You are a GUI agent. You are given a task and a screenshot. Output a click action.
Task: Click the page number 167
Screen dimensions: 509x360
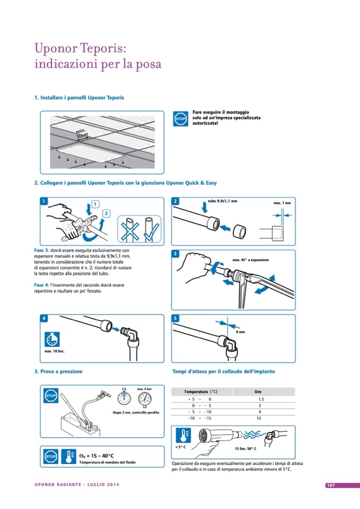point(330,485)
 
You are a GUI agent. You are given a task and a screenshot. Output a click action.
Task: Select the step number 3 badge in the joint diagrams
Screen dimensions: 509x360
point(176,254)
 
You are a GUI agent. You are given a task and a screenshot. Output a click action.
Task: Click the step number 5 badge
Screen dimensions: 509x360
point(176,318)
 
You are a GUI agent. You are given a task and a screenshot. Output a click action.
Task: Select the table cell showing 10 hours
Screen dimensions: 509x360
point(259,418)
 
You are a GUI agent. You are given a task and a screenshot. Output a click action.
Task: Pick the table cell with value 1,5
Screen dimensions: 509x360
point(261,399)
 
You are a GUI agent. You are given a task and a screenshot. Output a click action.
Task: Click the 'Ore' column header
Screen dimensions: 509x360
point(258,392)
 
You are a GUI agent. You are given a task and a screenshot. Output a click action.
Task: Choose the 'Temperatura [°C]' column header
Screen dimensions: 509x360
point(201,392)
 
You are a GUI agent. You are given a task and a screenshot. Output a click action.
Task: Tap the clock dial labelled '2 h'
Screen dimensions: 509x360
point(124,399)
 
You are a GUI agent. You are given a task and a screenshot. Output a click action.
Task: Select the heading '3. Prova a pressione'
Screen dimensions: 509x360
point(58,372)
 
